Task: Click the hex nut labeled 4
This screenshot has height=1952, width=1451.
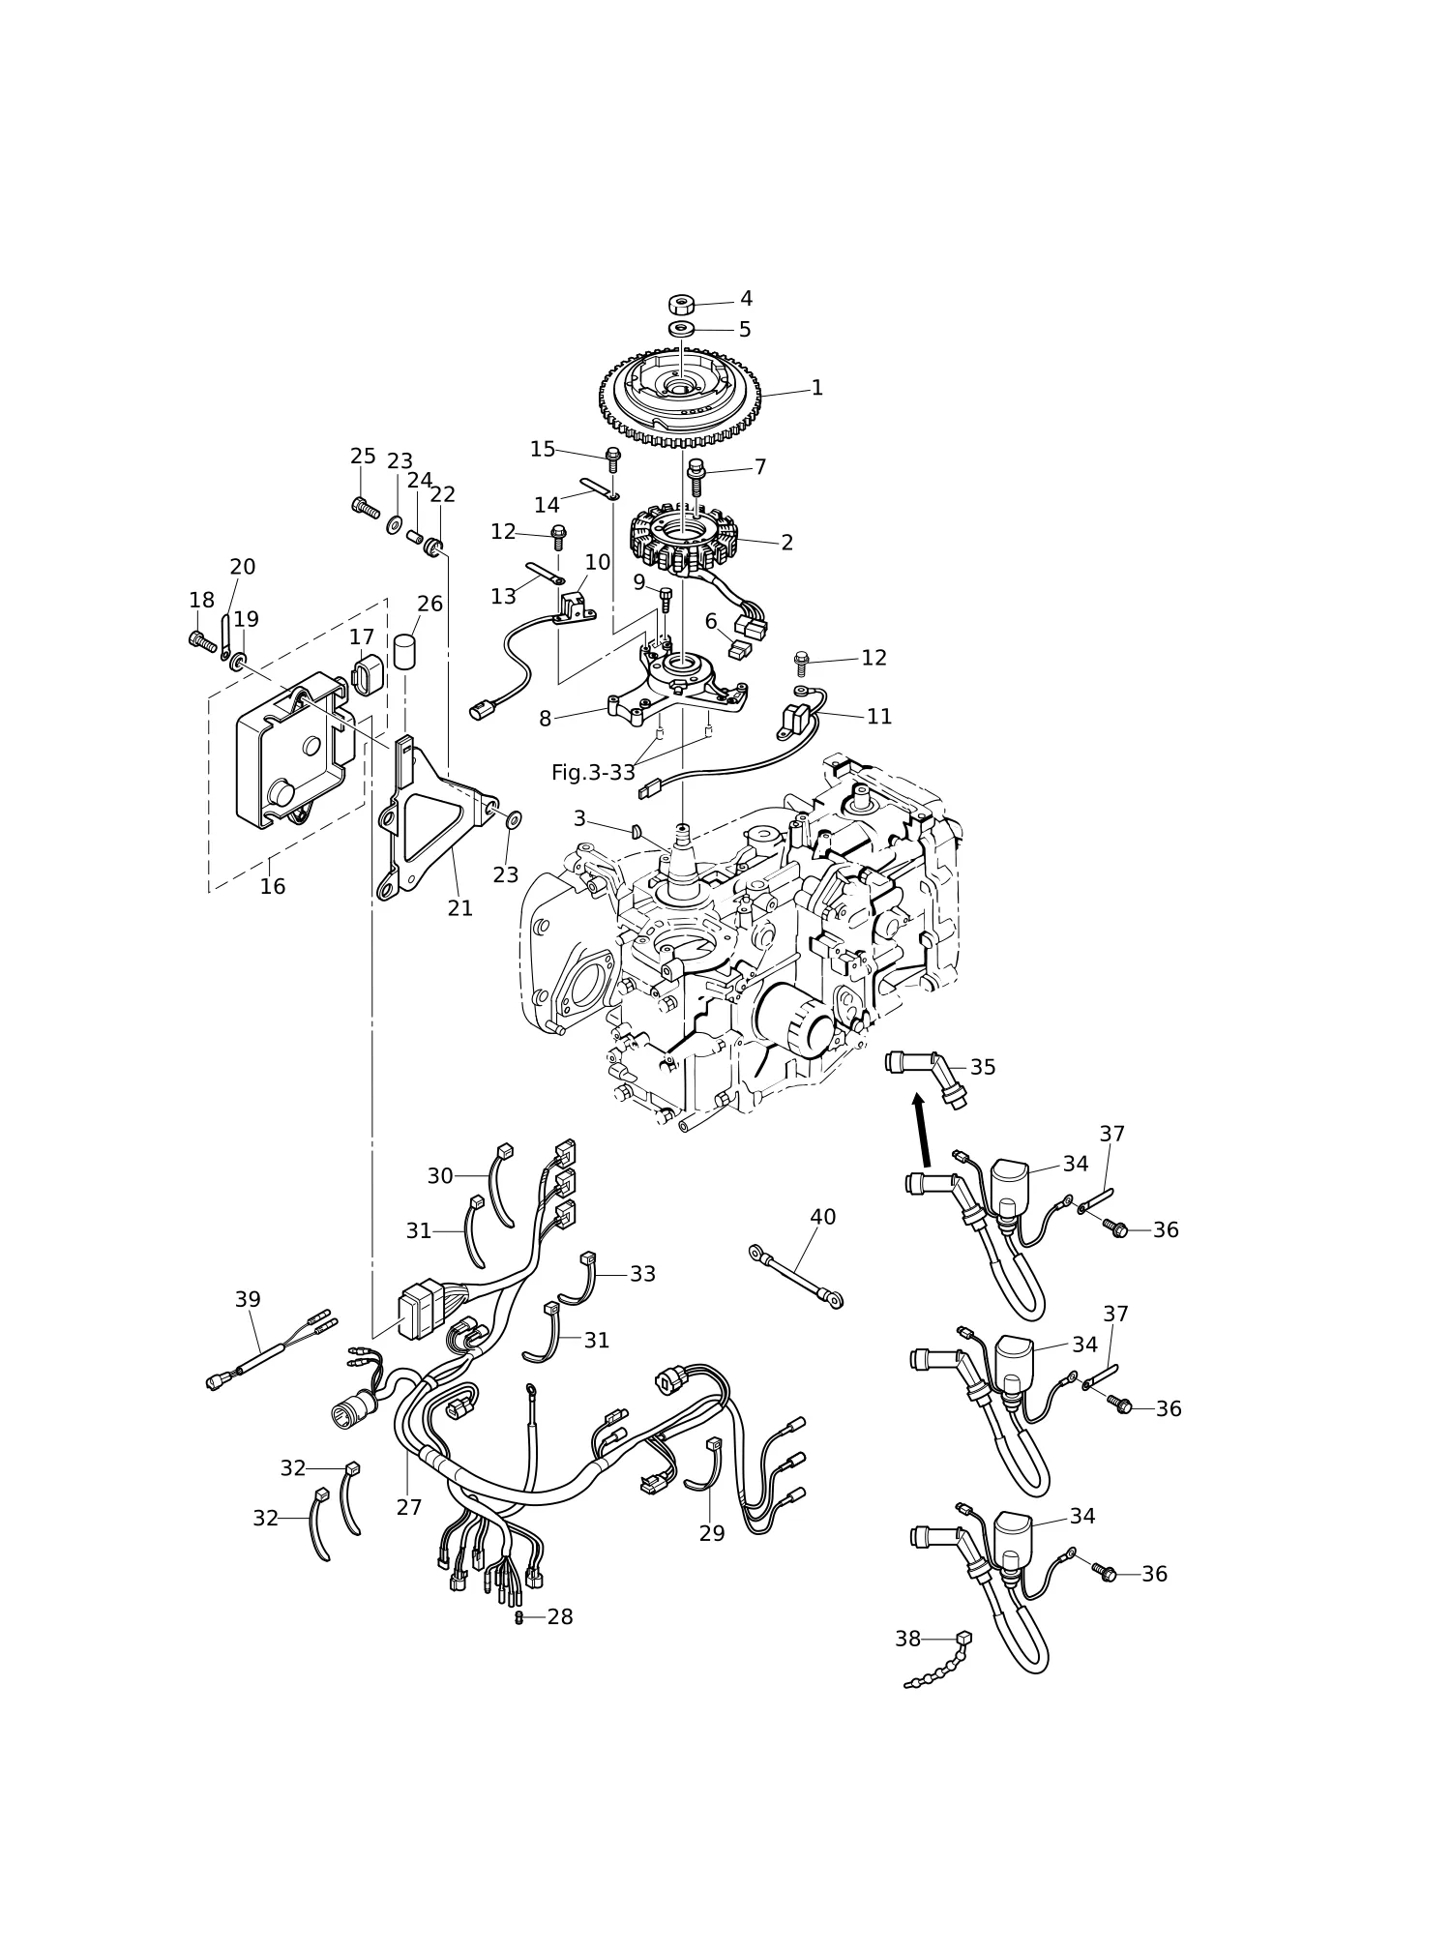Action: (682, 305)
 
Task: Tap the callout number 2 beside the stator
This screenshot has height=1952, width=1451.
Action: (786, 543)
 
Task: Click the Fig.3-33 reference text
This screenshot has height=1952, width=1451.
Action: (593, 773)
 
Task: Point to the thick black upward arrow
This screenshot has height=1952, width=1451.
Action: (922, 1129)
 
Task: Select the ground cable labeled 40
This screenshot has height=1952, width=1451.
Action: (796, 1277)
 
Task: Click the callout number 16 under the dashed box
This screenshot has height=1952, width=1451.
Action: (272, 886)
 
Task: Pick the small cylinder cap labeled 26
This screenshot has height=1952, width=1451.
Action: (403, 652)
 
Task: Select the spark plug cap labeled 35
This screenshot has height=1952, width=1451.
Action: (926, 1076)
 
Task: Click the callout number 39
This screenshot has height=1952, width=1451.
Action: (248, 1299)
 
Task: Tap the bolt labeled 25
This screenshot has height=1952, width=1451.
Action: (366, 506)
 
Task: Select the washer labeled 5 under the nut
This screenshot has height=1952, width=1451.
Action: (682, 330)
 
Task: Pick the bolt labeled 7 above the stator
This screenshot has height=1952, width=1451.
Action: (695, 478)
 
